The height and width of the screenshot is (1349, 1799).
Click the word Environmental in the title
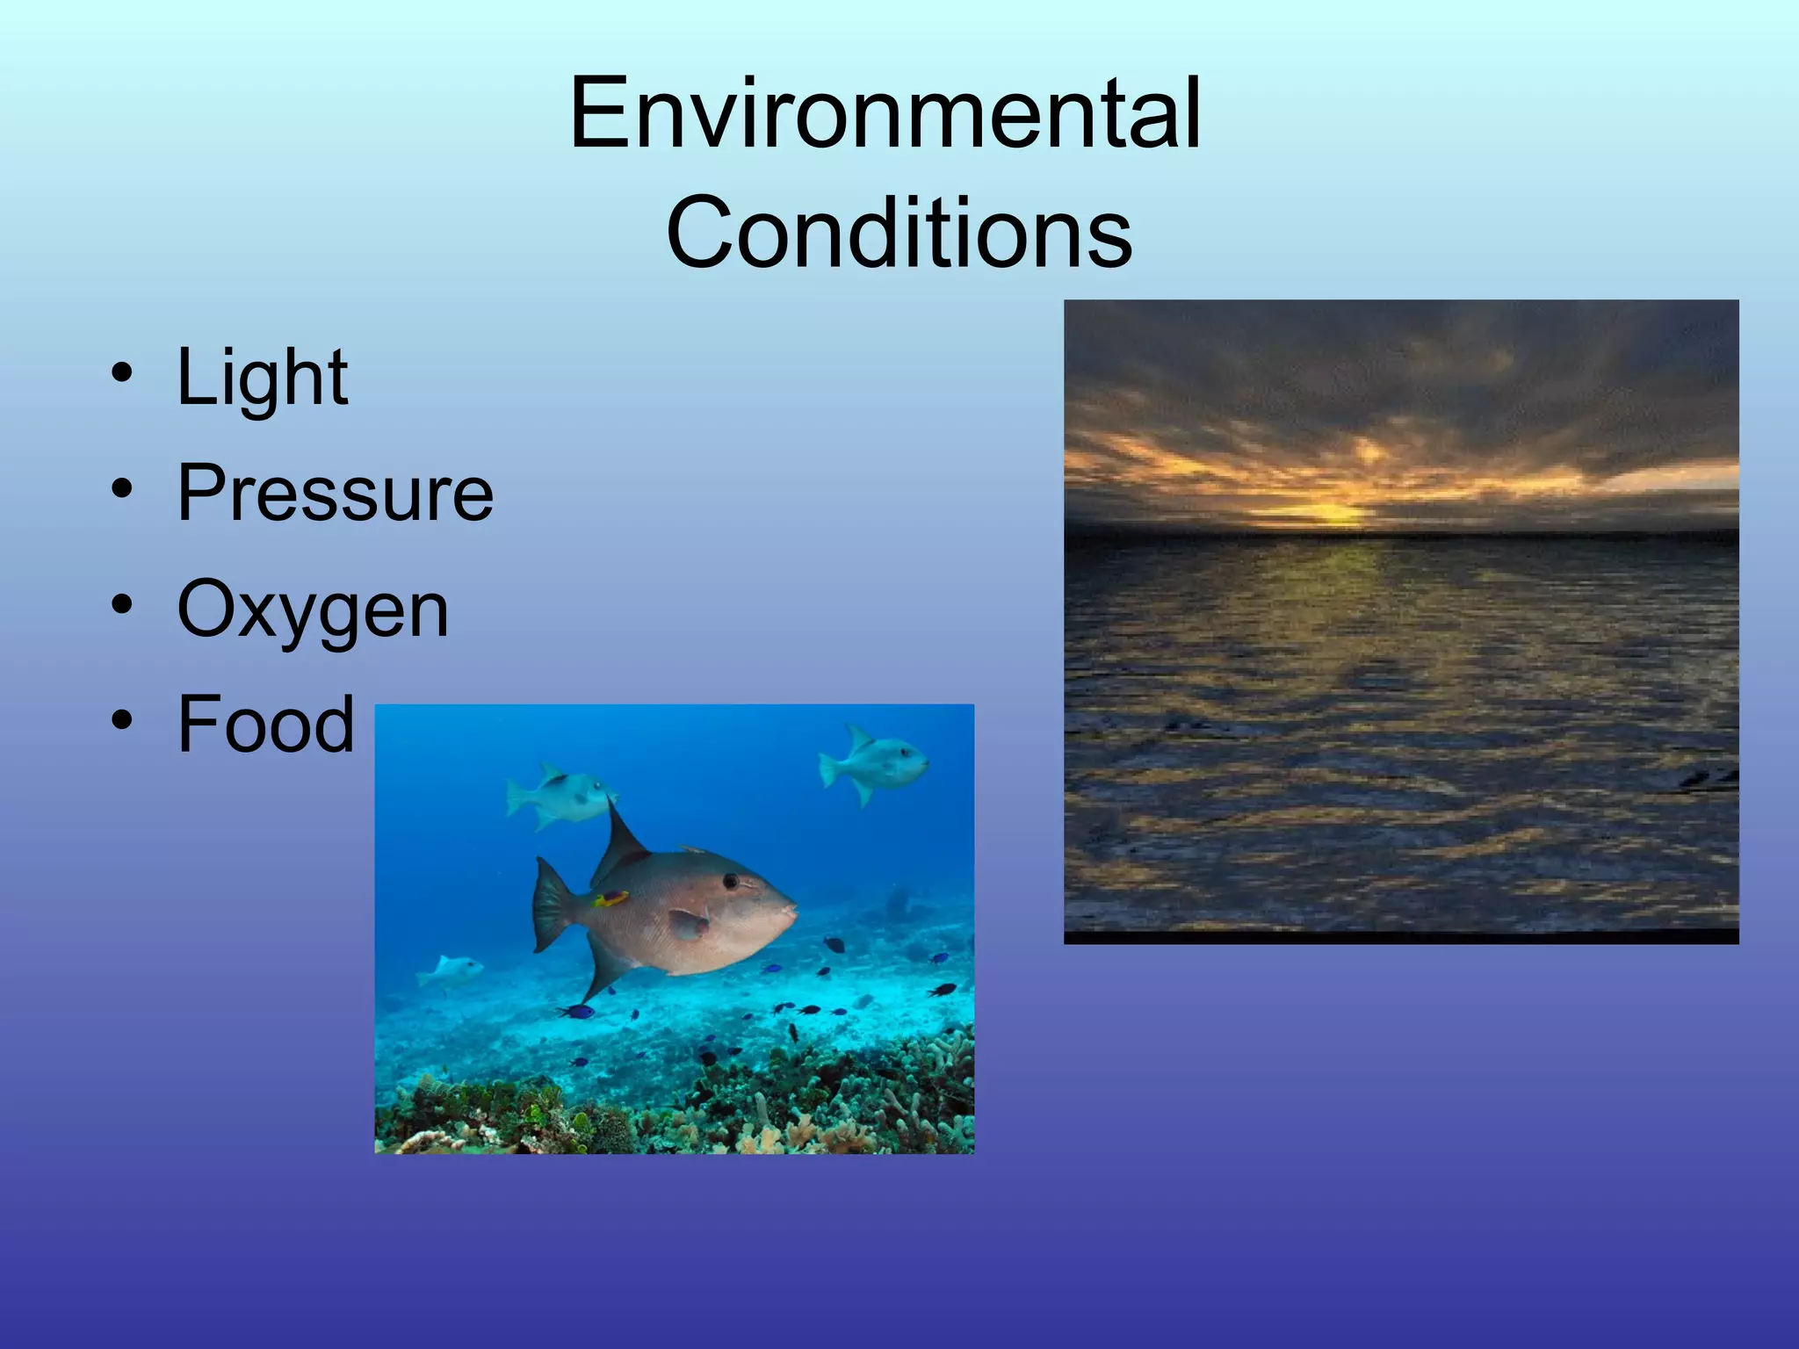[885, 114]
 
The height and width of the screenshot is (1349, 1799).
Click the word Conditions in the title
[899, 234]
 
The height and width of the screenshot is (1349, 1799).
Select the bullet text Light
[262, 378]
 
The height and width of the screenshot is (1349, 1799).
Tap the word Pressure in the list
[335, 493]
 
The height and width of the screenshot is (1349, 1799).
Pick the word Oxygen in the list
[313, 610]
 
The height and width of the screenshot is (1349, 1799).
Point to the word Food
[265, 725]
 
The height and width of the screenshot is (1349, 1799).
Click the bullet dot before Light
[122, 374]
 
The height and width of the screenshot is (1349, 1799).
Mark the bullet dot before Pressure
[122, 489]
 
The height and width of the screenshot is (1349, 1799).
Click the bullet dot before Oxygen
[122, 605]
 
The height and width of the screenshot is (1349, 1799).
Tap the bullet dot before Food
[122, 720]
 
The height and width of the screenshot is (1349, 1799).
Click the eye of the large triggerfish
[730, 880]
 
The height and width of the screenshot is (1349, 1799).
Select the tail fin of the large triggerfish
[551, 905]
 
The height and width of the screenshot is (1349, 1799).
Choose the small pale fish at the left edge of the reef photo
[451, 970]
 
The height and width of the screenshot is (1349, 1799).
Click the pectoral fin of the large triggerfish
[689, 922]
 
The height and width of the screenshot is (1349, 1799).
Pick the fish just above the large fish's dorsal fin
[560, 795]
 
